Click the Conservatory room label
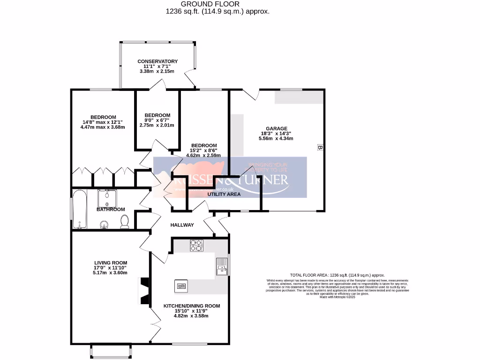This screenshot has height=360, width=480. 157,61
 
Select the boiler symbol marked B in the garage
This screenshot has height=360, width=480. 320,148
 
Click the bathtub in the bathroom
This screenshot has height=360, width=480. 79,209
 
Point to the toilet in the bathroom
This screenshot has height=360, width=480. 125,222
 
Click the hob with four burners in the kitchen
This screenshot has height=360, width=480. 196,245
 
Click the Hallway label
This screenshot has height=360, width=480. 182,225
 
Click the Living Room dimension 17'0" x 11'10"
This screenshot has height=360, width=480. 111,268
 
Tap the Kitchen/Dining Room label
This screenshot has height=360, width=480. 191,306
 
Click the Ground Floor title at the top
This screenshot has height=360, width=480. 217,4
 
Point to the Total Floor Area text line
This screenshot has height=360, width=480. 337,275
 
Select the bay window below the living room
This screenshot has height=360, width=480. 110,351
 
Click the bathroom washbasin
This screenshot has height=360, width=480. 104,225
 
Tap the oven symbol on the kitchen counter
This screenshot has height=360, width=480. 181,285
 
